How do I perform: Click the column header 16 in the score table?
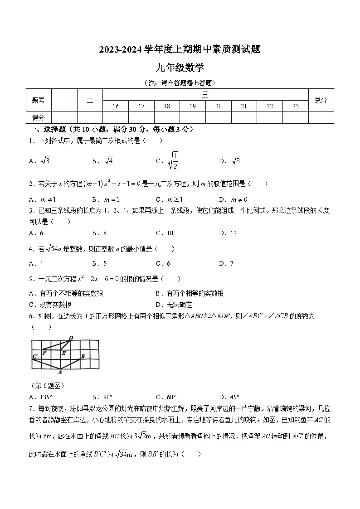point(116,106)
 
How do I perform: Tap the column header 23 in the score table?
point(295,106)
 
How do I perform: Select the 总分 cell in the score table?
point(321,100)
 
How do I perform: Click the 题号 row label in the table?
point(38,100)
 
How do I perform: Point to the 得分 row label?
point(38,118)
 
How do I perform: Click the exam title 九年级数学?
point(180,68)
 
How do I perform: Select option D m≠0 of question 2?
point(233,199)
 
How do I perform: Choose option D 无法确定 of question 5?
point(174,305)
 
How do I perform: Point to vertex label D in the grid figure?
point(71,338)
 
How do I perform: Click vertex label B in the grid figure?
point(83,356)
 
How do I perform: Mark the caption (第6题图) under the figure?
point(48,386)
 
